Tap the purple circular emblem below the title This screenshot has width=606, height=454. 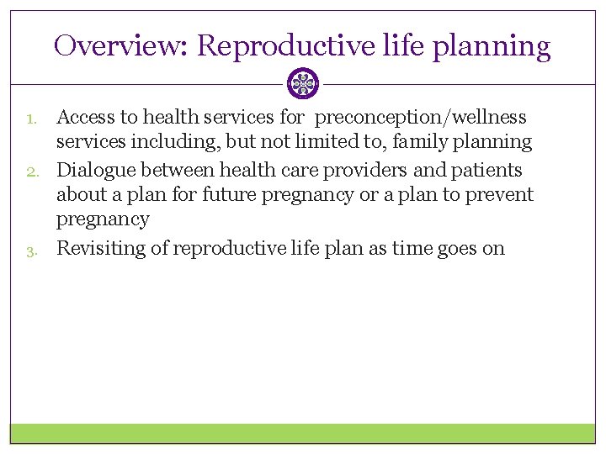point(303,84)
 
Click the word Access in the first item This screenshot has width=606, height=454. point(86,117)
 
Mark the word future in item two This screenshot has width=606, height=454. point(229,195)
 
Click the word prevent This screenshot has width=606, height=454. point(502,195)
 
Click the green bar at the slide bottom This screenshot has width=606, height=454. point(303,433)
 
